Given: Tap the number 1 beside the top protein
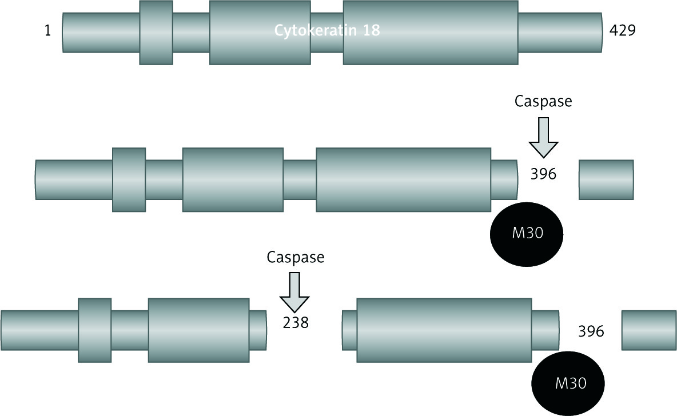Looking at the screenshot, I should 47,31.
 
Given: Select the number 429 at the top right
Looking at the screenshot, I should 623,31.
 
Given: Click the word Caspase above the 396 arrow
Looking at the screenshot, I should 543,102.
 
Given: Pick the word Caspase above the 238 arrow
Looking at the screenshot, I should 296,257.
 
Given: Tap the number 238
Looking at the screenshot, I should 296,323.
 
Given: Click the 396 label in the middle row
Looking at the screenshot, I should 543,174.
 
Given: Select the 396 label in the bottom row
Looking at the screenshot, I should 591,331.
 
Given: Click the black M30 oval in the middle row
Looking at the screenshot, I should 527,234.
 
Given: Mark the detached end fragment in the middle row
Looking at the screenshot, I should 606,180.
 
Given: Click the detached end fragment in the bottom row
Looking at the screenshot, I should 648,330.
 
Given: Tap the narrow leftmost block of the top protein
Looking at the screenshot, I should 156,32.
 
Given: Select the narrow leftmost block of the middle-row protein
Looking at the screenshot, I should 129,179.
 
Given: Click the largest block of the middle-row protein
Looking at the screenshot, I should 403,179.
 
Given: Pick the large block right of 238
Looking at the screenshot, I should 444,330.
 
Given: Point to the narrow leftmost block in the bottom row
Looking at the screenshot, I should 94,330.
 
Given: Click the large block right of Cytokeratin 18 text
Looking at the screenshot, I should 431,32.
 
